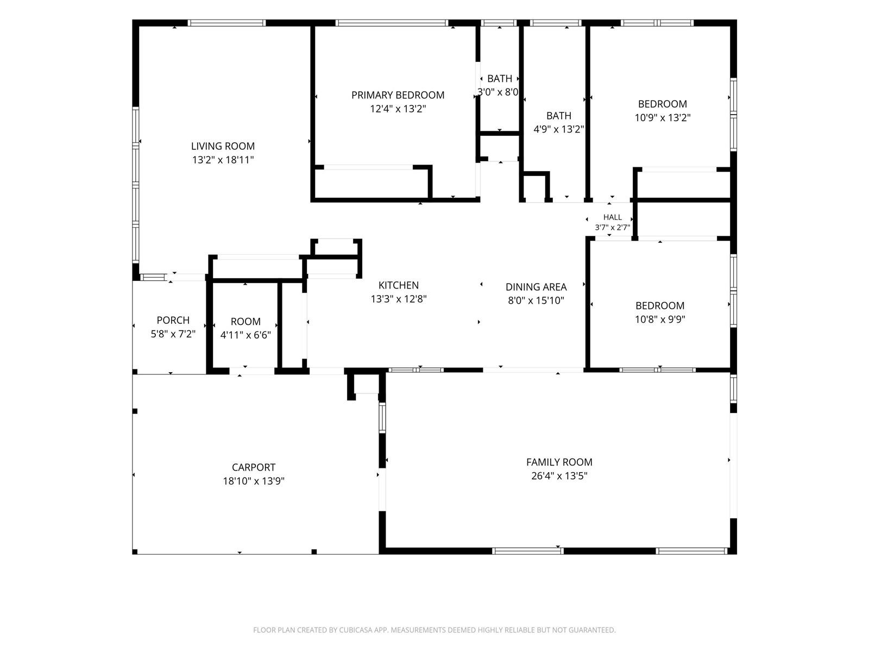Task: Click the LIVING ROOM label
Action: coord(223,146)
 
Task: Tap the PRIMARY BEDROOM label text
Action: coord(398,95)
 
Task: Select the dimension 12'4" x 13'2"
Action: coord(398,109)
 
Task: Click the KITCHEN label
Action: coord(399,285)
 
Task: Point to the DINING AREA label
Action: coord(536,287)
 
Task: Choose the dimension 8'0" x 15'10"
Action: coord(536,300)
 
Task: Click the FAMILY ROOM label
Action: coord(559,462)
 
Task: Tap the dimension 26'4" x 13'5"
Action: coord(559,475)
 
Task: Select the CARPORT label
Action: coord(254,467)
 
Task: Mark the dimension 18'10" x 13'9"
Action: coord(254,481)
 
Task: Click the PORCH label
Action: coord(173,320)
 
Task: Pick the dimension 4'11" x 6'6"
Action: coord(245,335)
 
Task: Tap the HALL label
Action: coord(613,217)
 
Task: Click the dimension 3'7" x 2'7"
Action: coord(613,227)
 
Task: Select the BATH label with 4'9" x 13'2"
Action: coord(559,116)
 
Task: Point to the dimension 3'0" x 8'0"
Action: coord(498,92)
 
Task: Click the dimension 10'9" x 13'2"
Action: coord(663,117)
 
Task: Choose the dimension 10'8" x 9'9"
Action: coord(660,319)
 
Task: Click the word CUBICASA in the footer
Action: coord(356,630)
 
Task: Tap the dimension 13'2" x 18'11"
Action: coord(223,160)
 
